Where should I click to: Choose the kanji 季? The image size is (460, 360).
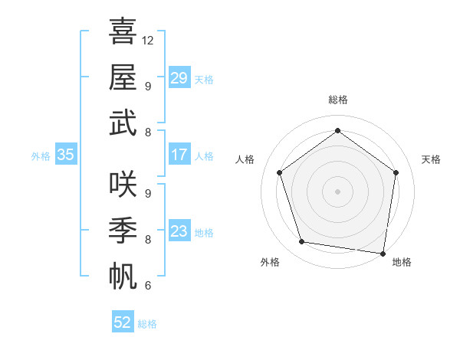pos(123,229)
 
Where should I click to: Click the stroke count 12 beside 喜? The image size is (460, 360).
pos(148,40)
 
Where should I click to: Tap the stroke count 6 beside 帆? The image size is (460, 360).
pos(147,286)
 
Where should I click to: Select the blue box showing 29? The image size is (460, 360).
pos(179,77)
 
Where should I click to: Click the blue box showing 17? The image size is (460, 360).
pos(179,155)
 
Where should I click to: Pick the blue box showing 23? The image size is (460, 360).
pos(179,231)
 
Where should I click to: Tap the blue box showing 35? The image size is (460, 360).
pos(65,155)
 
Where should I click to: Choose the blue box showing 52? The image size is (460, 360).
pos(123,322)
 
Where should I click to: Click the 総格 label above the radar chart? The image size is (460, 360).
pos(337,100)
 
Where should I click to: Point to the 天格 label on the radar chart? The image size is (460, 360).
pos(431,159)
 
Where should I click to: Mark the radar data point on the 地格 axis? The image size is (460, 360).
pos(383,253)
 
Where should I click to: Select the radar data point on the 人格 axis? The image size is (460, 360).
pos(279,172)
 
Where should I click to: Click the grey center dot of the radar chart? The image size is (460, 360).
pos(337,191)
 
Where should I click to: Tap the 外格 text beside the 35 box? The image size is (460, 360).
pos(41,155)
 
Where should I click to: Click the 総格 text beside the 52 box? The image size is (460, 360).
pos(147,324)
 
